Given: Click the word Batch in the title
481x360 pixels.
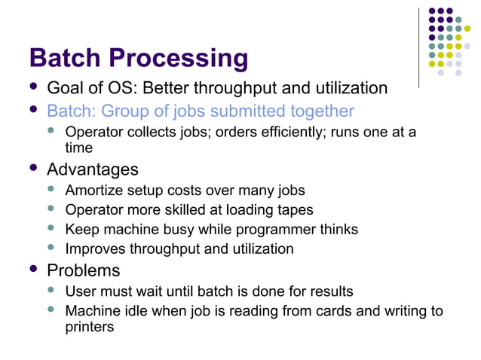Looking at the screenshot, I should pyautogui.click(x=65, y=58).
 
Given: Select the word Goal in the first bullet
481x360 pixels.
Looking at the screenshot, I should pyautogui.click(x=63, y=89).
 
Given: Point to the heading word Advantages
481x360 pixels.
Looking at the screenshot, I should pyautogui.click(x=93, y=169).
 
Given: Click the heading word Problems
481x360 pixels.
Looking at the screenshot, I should pyautogui.click(x=84, y=270).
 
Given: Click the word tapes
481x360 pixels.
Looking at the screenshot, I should pyautogui.click(x=294, y=210).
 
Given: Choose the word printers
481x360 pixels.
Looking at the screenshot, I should pyautogui.click(x=90, y=327).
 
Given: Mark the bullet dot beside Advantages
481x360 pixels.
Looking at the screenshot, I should pyautogui.click(x=33, y=168).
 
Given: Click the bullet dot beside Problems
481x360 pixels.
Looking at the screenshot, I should pyautogui.click(x=33, y=269).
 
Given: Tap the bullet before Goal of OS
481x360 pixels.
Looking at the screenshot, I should pyautogui.click(x=33, y=88).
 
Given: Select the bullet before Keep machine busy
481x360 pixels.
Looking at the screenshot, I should pyautogui.click(x=52, y=228).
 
